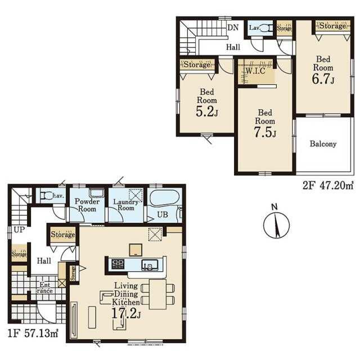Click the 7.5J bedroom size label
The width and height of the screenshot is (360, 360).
[265, 132]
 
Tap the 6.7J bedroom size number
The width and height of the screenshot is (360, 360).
[323, 79]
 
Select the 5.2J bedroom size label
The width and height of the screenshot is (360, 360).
[207, 111]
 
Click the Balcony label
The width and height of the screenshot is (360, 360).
[323, 144]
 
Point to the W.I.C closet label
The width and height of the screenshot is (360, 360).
[255, 71]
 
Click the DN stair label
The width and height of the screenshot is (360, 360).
[233, 28]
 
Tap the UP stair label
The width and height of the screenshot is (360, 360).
[19, 229]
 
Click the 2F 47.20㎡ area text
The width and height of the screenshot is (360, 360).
[328, 186]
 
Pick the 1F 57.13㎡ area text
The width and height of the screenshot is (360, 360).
[33, 334]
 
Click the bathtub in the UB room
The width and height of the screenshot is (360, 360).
[164, 197]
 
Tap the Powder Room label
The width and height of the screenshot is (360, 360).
[87, 205]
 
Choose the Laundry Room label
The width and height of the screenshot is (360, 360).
[126, 205]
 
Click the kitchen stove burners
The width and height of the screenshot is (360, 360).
[118, 264]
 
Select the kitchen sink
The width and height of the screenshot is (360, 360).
[150, 265]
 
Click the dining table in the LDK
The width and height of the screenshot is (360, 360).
[157, 294]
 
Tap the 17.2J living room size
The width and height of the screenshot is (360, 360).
[126, 313]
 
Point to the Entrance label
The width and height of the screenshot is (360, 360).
[45, 287]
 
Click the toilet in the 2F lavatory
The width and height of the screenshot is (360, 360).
[267, 28]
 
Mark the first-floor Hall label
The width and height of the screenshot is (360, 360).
[44, 261]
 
